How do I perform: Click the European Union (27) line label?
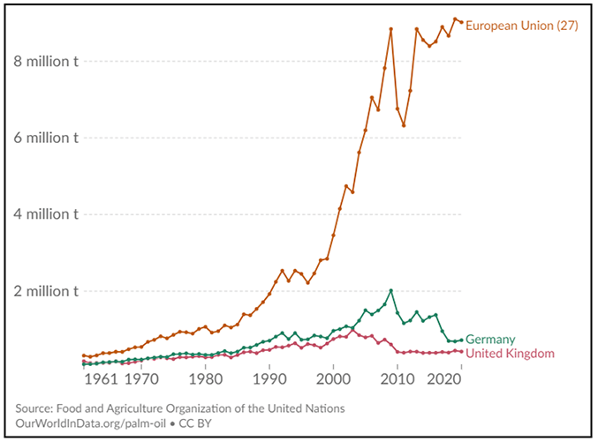click(x=521, y=26)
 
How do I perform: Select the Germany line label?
click(x=490, y=340)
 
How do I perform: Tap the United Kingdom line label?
click(x=510, y=354)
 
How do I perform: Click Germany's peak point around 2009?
click(x=390, y=290)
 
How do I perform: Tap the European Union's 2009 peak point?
click(x=390, y=29)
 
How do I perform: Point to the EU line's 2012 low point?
click(x=404, y=125)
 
